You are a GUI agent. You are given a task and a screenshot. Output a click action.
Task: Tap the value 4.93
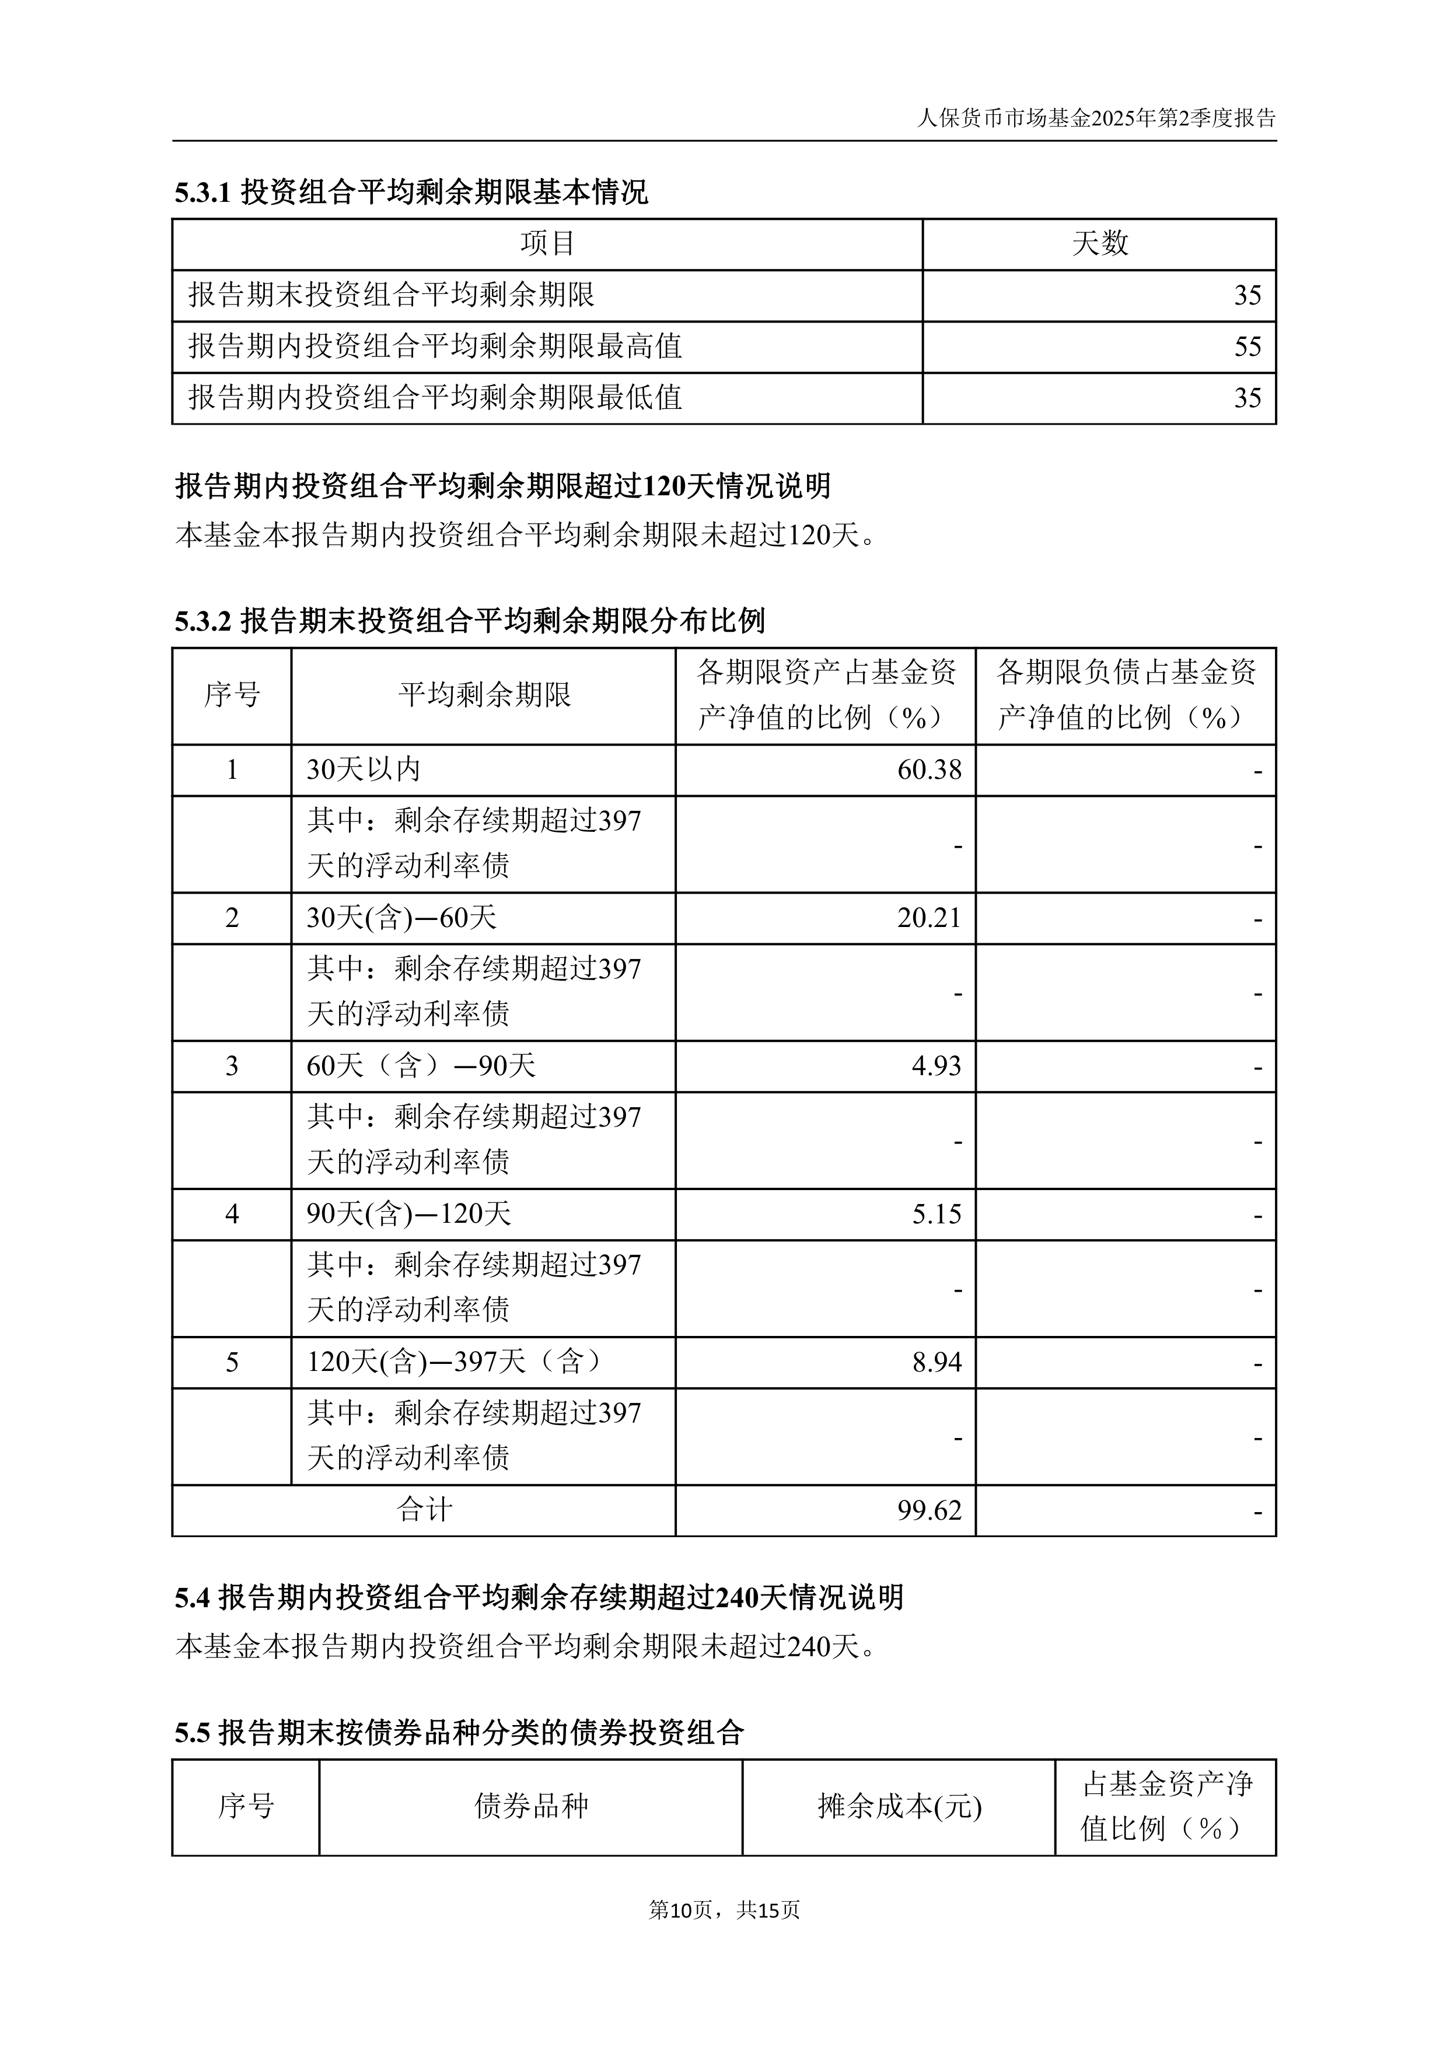click(936, 1066)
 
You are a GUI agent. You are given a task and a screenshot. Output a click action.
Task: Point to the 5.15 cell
click(936, 1214)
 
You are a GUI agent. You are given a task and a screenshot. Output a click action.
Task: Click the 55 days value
click(1248, 347)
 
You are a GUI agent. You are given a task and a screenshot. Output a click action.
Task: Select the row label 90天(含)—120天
click(409, 1214)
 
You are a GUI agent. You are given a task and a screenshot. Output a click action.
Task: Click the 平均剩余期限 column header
click(484, 695)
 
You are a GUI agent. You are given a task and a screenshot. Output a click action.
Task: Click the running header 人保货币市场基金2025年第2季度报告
click(1096, 118)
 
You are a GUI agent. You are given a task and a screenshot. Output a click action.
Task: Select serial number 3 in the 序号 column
click(232, 1066)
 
